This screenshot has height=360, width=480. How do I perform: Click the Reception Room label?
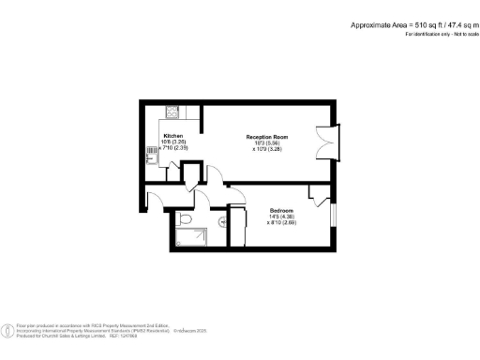[x=268, y=137]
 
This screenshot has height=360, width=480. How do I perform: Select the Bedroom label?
[x=281, y=209]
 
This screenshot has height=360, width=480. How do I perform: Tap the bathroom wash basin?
[x=222, y=222]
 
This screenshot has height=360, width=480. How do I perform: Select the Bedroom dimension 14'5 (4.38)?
[x=281, y=216]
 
